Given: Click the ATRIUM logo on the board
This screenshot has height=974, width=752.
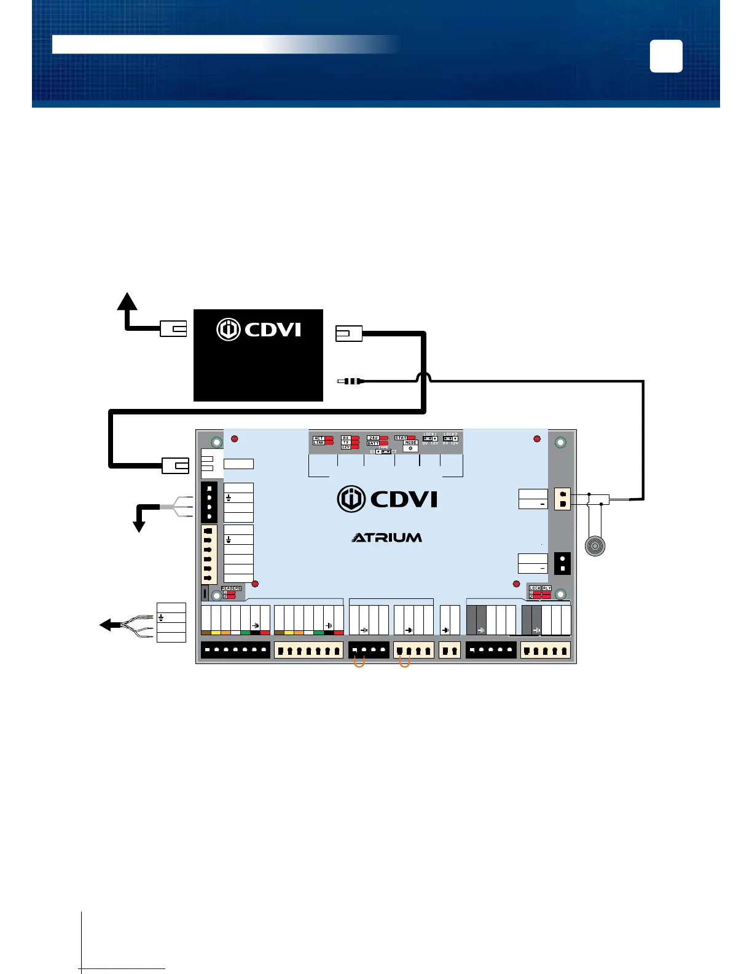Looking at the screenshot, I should point(387,537).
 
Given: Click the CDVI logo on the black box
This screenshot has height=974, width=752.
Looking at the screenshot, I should point(259,330).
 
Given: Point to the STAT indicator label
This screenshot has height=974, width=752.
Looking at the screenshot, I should point(401,438).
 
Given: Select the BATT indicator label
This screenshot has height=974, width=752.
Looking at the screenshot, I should point(373,443).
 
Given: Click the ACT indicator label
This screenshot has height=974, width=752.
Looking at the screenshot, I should point(319,438).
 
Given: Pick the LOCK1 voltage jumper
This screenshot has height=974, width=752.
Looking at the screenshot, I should point(430,439).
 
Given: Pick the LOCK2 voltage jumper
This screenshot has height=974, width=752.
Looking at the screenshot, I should point(450,439).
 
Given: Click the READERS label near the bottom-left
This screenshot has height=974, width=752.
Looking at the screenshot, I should point(231,588).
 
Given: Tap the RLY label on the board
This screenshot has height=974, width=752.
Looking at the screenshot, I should point(547,588).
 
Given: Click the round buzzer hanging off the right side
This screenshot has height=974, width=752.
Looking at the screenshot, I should point(595,546).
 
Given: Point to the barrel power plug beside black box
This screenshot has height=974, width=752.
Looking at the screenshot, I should point(351,381).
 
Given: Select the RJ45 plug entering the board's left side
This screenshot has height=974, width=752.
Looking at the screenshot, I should point(175,466).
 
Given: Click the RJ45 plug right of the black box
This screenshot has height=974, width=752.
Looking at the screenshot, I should point(348,334).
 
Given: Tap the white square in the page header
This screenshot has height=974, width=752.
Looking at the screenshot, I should point(666,56).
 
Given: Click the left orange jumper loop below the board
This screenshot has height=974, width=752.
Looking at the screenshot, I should point(359,662).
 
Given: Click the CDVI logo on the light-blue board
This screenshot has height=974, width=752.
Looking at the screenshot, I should point(387,499).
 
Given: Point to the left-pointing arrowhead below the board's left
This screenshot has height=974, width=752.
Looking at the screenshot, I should point(106,625).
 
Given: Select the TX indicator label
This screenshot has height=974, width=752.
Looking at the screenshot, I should point(346,442).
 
